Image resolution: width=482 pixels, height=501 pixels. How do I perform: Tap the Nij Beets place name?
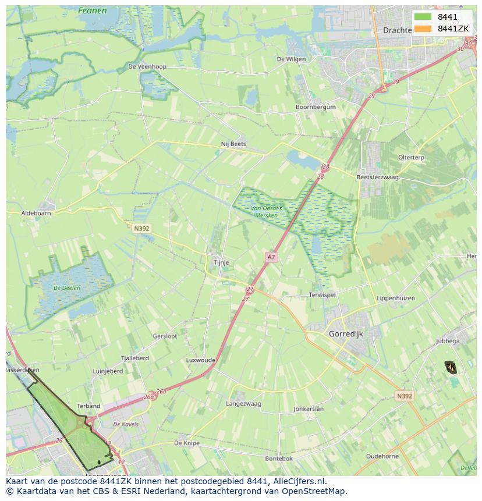point(233,144)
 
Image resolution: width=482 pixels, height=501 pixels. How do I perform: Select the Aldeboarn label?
point(36,214)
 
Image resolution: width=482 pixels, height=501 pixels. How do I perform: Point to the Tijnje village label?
point(221,262)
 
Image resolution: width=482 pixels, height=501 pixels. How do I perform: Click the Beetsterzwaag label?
point(377,177)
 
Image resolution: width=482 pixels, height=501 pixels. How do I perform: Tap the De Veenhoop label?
point(147,66)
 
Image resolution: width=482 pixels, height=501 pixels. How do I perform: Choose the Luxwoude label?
point(201,360)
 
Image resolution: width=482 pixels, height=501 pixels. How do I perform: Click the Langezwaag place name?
point(243,403)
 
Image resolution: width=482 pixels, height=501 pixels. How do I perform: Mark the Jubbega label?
point(448,341)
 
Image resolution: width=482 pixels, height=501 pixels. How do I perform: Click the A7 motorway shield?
point(271,257)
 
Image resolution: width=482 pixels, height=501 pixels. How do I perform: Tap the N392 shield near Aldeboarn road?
point(141,229)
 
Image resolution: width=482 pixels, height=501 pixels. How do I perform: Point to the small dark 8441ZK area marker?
point(451,367)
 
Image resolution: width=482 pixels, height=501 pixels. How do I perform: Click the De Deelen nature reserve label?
point(66,287)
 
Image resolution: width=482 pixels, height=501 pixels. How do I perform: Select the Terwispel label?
point(322,295)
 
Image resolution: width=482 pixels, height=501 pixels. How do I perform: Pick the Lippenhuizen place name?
point(396,298)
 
